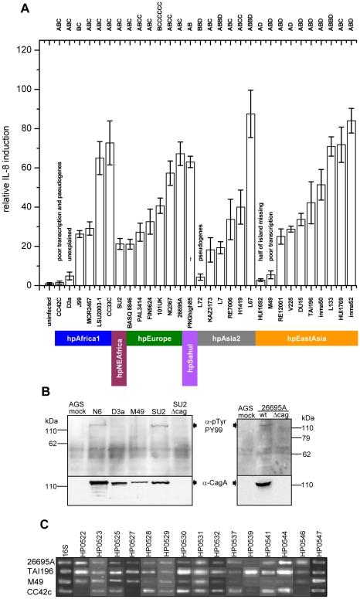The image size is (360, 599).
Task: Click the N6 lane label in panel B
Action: [97, 410]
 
